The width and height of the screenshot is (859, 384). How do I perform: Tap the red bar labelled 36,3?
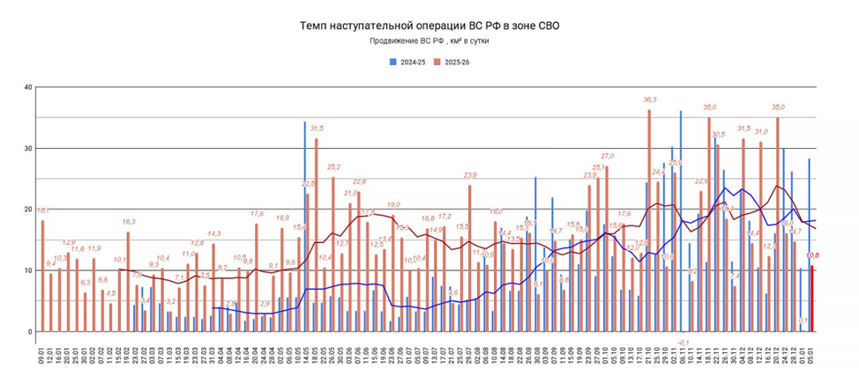(x=650, y=220)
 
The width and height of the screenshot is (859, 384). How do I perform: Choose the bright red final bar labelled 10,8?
(x=812, y=299)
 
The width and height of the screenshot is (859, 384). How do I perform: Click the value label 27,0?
(x=607, y=157)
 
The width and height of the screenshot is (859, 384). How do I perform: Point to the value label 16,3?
(x=128, y=222)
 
